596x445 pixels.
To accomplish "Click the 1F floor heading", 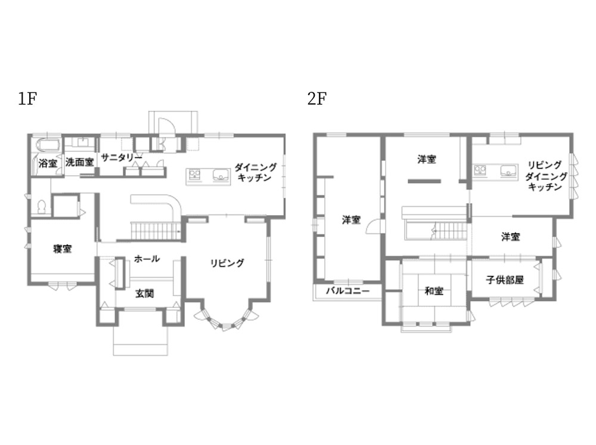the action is [x=27, y=99].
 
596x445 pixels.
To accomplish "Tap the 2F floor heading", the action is [x=317, y=99].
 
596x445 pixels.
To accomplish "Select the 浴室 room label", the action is [x=48, y=163].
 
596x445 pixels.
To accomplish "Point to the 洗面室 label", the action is [x=79, y=162].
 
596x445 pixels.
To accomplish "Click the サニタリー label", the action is [x=122, y=157].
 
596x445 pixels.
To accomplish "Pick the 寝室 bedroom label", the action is [x=63, y=249].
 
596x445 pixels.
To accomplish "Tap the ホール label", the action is [x=147, y=259].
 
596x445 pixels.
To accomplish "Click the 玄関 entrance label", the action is [x=145, y=293].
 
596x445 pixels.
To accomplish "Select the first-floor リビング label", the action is [x=227, y=263].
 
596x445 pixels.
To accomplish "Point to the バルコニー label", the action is [x=348, y=291].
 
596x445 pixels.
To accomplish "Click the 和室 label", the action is [x=434, y=291].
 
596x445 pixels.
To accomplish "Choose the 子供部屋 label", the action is [x=505, y=280].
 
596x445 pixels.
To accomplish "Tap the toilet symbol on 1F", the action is [x=42, y=207].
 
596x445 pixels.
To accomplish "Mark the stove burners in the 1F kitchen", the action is [x=195, y=174].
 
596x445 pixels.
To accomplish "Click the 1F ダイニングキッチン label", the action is [x=255, y=172].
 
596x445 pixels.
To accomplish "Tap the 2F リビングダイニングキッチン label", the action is [x=546, y=176].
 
